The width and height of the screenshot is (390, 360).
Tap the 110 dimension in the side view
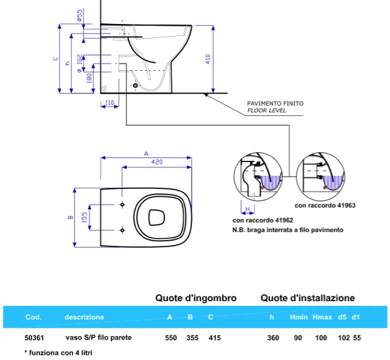click(x=109, y=103)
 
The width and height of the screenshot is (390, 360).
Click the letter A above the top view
click(x=146, y=154)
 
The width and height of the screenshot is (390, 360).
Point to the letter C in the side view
click(x=55, y=59)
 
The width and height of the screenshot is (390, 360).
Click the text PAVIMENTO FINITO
click(x=275, y=104)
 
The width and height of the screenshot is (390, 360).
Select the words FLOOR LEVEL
click(x=267, y=111)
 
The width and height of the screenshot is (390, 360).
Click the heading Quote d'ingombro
click(x=196, y=298)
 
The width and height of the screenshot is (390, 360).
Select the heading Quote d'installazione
click(x=307, y=298)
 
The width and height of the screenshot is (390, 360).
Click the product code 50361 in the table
click(x=34, y=338)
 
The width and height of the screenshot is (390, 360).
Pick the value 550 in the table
click(x=171, y=338)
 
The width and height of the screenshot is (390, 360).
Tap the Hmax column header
click(x=320, y=317)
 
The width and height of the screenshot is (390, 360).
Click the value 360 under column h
click(x=273, y=338)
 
